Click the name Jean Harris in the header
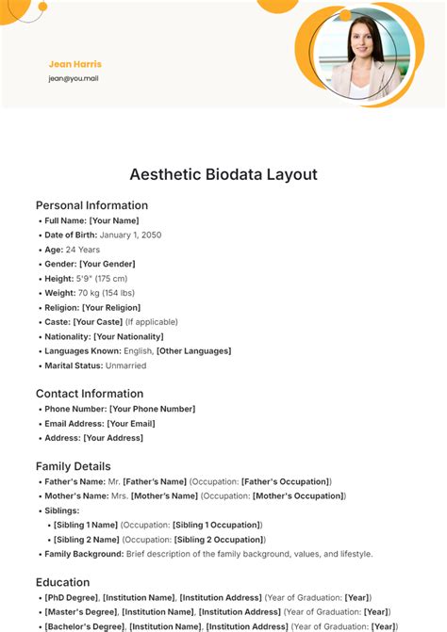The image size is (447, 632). tap(74, 64)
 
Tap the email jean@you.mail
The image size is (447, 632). tap(74, 78)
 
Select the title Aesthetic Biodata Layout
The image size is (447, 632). tap(223, 174)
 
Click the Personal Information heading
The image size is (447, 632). tap(91, 205)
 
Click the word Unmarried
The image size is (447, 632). tap(126, 365)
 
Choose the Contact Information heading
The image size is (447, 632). tap(90, 394)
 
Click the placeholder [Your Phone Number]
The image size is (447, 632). tap(152, 409)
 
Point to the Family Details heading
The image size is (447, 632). tap(74, 466)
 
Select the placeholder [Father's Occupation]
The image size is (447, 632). tap(285, 481)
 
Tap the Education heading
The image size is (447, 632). tap(62, 582)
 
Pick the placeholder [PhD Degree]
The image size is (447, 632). tap(71, 597)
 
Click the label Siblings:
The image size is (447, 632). tap(63, 510)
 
